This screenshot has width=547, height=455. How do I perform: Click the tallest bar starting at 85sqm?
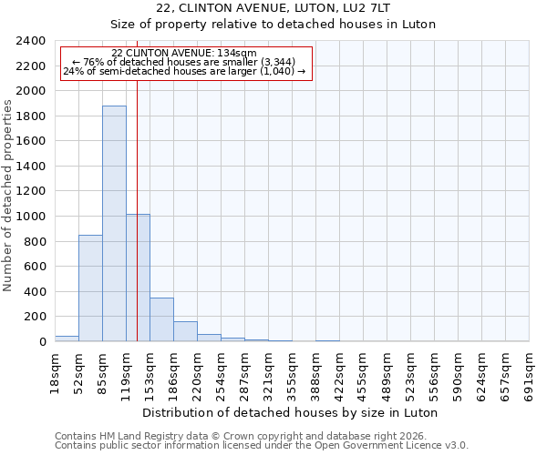point(114,223)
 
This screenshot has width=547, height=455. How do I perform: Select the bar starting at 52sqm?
point(90,288)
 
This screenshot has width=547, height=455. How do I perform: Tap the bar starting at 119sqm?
point(138,278)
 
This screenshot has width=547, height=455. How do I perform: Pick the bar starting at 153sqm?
point(161,319)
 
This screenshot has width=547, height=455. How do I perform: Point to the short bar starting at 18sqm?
point(67,339)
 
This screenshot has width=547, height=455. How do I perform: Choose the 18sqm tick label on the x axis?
point(56,369)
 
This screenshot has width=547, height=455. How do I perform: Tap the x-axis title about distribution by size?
point(292,412)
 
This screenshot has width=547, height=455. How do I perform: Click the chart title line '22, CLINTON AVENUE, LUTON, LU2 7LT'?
point(273,8)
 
